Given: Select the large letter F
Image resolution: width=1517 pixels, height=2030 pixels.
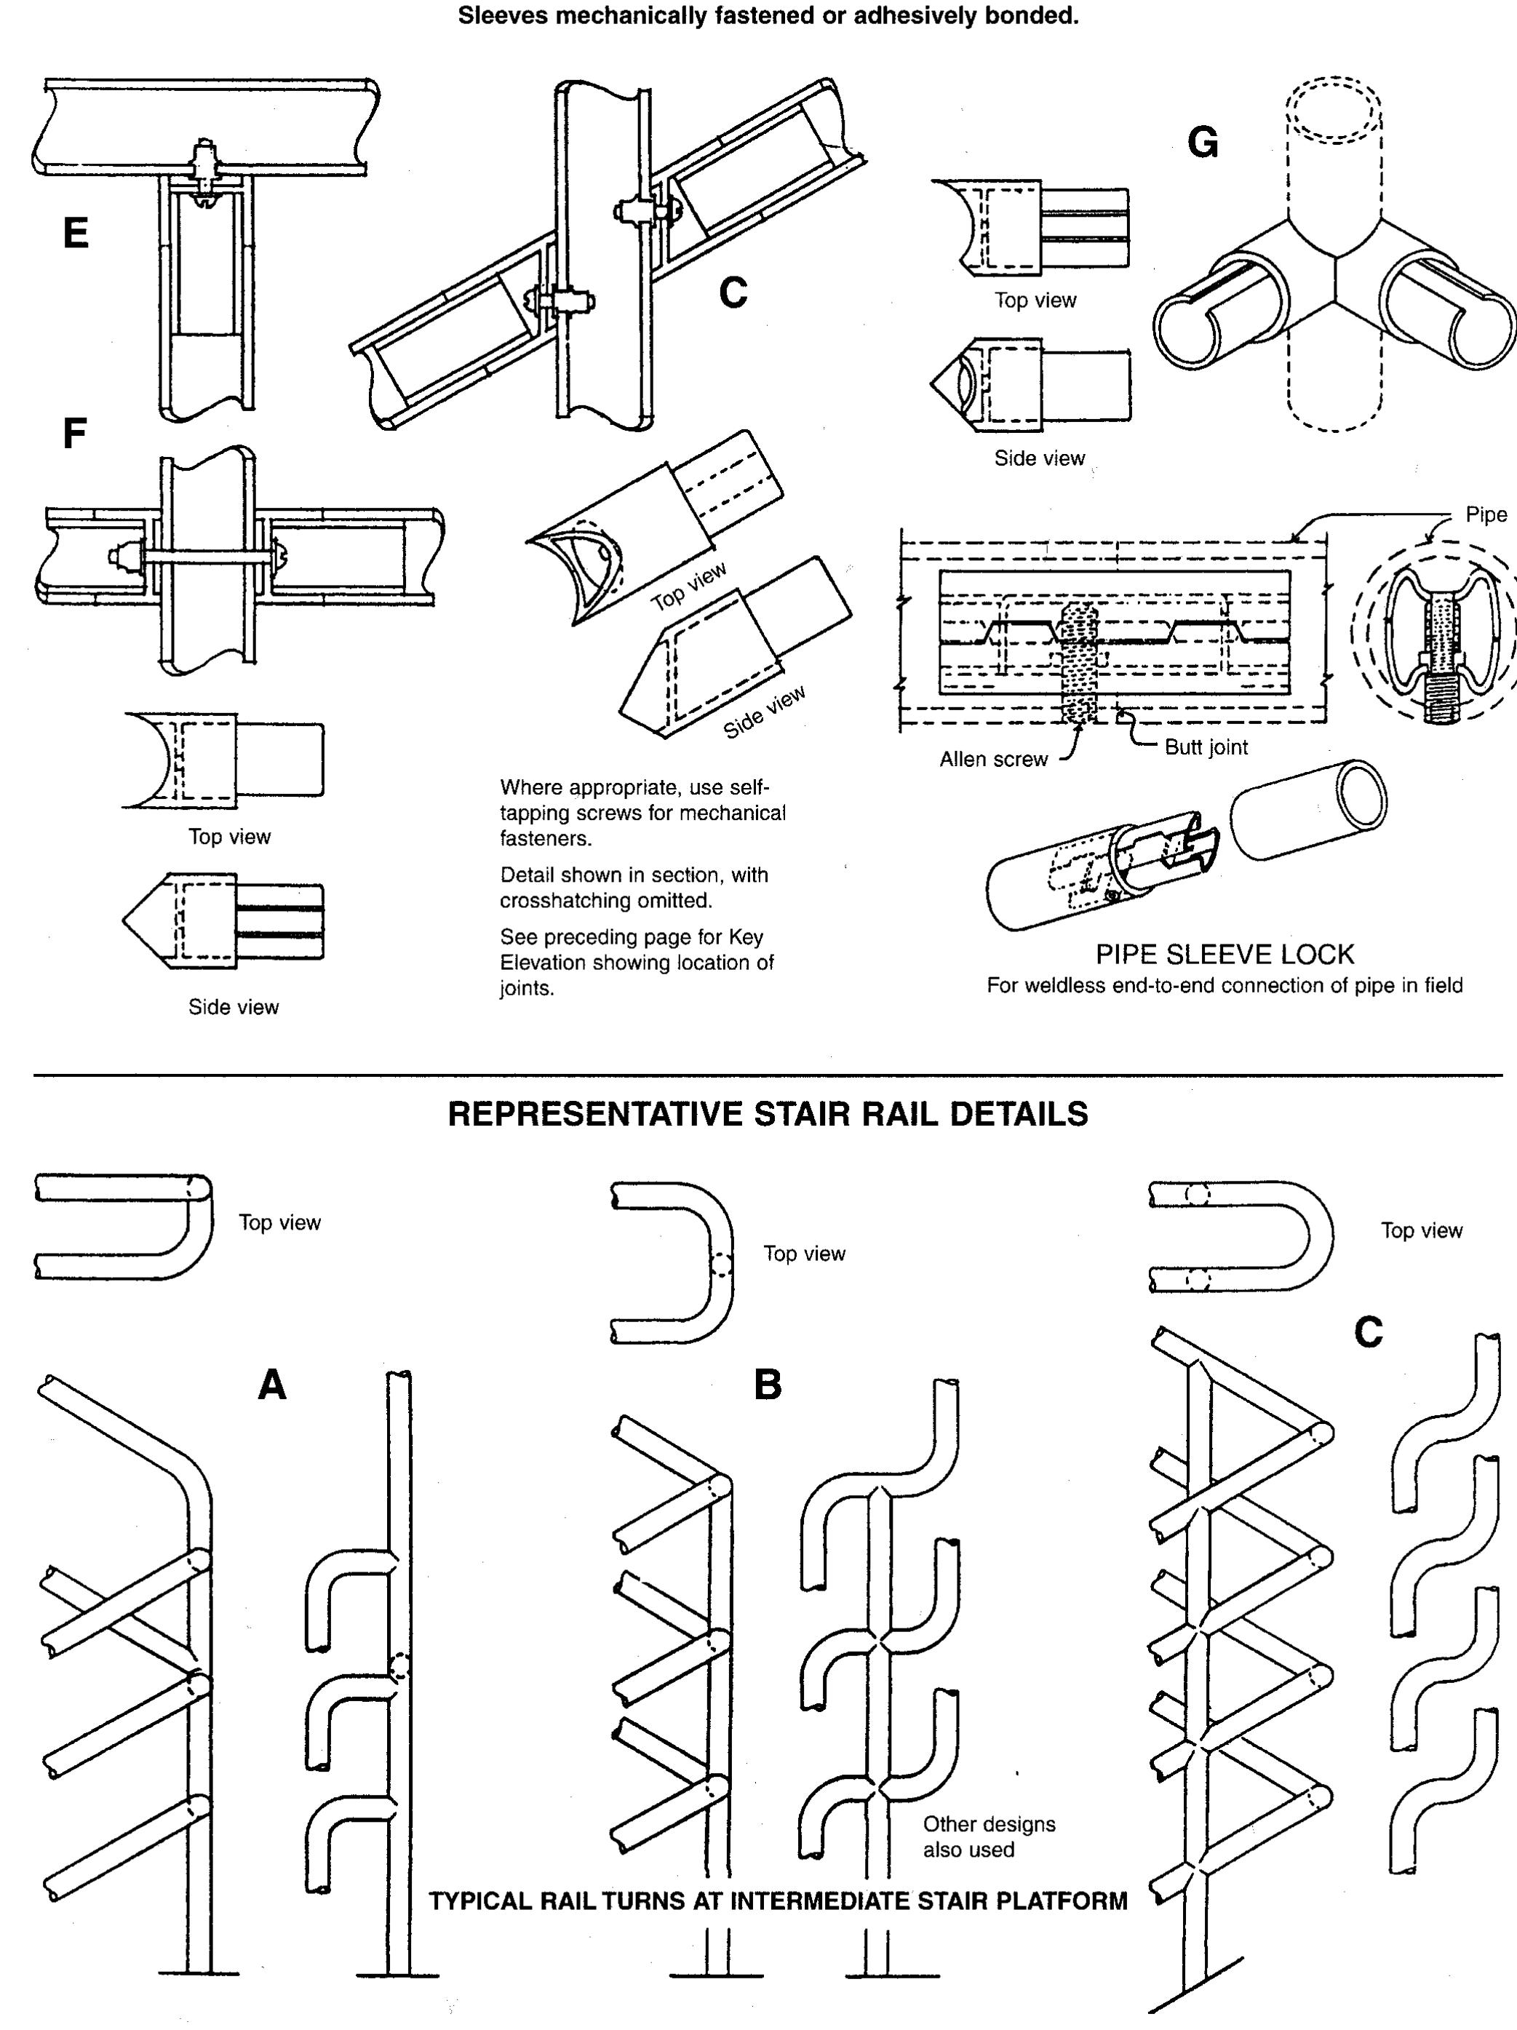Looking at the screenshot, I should (x=74, y=433).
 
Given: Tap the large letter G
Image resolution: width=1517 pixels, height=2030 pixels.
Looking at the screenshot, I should (x=1202, y=143).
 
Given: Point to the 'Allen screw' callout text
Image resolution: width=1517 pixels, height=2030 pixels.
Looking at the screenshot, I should (x=993, y=759).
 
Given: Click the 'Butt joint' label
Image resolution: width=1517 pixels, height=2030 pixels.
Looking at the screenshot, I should (x=1205, y=747).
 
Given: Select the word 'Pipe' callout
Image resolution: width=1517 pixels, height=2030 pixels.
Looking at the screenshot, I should (x=1485, y=515).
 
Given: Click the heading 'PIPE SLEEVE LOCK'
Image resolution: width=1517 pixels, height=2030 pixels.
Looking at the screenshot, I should (x=1225, y=955).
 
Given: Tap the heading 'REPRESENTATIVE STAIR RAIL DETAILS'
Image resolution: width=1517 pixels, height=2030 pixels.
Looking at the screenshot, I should (x=767, y=1114).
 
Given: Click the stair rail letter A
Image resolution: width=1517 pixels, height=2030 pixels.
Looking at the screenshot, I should (x=271, y=1385).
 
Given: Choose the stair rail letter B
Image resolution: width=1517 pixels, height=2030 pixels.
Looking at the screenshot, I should (x=767, y=1385).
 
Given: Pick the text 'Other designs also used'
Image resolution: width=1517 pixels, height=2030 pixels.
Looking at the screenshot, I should (x=987, y=1836).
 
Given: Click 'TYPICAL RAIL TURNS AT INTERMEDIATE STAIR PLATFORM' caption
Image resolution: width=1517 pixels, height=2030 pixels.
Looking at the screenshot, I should (x=779, y=1900).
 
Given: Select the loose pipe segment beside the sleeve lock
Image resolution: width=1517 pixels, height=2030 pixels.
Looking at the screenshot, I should (x=1307, y=808).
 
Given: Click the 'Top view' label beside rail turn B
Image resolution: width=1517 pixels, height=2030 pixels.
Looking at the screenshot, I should (x=804, y=1254).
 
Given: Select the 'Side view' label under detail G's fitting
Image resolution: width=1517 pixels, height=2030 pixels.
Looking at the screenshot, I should (x=1039, y=458).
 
